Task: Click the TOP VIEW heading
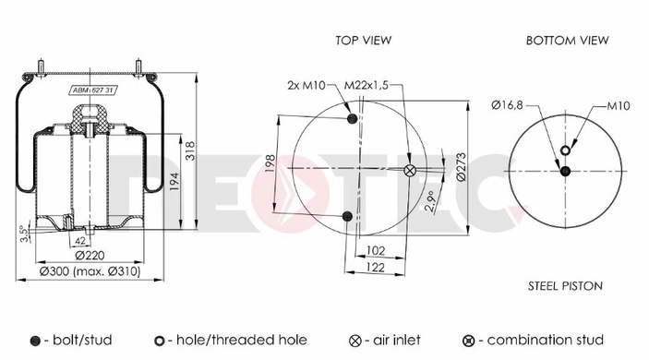click(363, 40)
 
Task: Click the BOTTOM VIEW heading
click(567, 40)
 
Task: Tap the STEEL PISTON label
click(565, 286)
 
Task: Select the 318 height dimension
click(189, 151)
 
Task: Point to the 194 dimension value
click(174, 182)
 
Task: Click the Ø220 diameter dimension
click(90, 256)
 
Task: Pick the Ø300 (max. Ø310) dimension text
click(90, 271)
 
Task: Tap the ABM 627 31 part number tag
click(93, 90)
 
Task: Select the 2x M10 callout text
click(306, 86)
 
